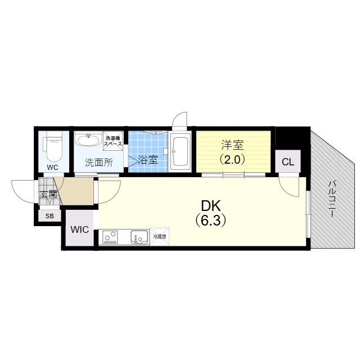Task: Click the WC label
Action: tap(53, 167)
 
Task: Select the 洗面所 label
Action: tap(98, 163)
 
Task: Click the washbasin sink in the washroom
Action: tap(88, 139)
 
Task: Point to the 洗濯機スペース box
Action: tap(112, 141)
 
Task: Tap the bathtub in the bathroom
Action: tap(181, 151)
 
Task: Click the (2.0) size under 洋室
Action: tap(232, 159)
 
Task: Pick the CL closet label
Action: tap(287, 162)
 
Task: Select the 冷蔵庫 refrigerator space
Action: tap(160, 237)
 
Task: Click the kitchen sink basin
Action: tap(138, 237)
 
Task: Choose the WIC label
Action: tap(79, 230)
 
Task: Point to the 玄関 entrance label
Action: tap(48, 195)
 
